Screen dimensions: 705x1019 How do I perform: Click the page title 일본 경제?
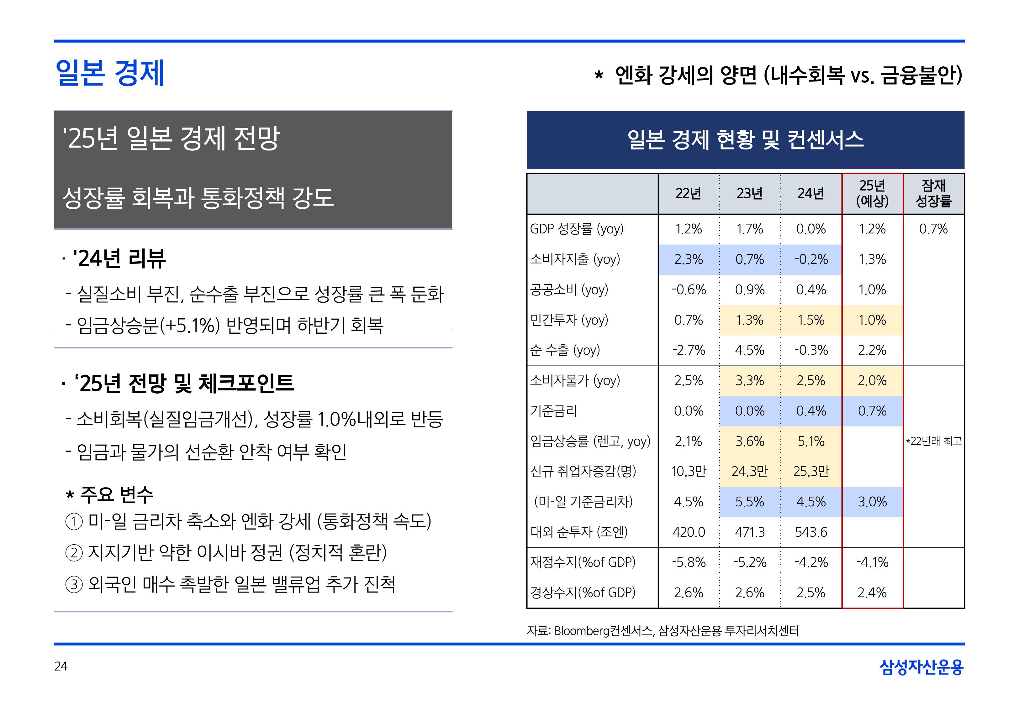[110, 73]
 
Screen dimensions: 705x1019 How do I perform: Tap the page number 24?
[61, 666]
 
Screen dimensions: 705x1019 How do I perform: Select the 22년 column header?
[688, 193]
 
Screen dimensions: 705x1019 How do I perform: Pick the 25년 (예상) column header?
[872, 193]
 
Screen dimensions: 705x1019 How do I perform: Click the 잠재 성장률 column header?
[933, 193]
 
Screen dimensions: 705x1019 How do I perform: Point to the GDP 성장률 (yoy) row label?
[576, 229]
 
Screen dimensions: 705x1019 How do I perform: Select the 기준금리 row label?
[554, 411]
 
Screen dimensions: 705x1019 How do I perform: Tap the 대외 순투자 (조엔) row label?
[579, 532]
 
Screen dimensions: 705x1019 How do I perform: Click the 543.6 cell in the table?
[810, 532]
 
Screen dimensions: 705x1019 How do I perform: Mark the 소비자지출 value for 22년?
[688, 259]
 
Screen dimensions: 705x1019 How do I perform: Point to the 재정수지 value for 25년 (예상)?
[872, 562]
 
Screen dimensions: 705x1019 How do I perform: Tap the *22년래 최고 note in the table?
[933, 441]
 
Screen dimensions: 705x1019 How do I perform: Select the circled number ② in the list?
[74, 553]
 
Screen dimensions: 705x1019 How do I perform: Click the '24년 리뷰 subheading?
[119, 259]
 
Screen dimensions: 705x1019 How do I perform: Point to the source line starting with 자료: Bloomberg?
[663, 631]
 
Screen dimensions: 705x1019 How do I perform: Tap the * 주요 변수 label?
[110, 495]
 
